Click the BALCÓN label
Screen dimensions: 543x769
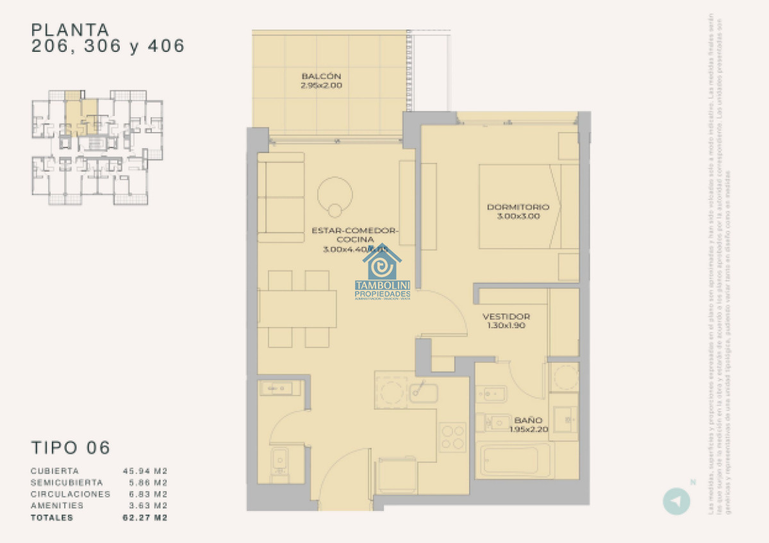330,76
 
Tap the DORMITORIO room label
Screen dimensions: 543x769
518,207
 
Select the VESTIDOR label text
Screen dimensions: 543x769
506,317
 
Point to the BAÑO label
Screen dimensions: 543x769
528,421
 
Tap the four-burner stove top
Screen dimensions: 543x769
453,437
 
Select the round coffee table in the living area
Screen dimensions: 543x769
335,193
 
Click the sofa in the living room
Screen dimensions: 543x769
281,197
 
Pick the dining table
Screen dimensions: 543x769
297,308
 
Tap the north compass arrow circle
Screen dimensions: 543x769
675,500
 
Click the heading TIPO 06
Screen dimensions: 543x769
70,447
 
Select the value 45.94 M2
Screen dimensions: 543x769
145,471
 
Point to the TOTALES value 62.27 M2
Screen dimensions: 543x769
145,517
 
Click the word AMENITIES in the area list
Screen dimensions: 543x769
56,506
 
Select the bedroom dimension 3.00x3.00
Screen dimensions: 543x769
518,217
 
